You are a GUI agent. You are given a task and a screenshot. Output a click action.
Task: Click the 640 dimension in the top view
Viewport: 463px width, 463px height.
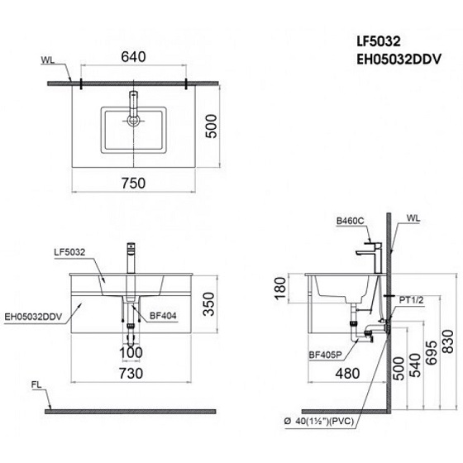132,60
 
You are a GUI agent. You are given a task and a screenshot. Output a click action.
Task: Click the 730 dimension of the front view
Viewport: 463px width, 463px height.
132,374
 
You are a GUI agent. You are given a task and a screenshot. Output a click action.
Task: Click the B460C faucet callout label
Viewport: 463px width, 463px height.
349,221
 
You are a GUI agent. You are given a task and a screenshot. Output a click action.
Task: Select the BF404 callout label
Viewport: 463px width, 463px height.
163,315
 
